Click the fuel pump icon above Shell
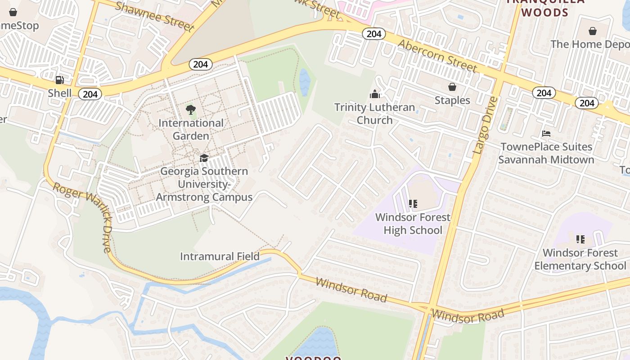tap(59, 80)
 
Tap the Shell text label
tap(60, 93)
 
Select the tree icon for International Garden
tap(191, 109)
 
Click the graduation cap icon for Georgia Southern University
tap(204, 158)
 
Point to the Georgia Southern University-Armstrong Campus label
tap(204, 184)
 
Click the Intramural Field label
tap(220, 256)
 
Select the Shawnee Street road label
tap(154, 16)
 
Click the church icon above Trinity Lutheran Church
tap(374, 94)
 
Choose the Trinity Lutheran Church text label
tap(374, 114)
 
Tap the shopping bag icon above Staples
tap(452, 87)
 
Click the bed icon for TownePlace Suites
tap(546, 134)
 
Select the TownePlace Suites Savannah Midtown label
tap(546, 153)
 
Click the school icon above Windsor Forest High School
tap(413, 204)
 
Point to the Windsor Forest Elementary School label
tap(580, 259)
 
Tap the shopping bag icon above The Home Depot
tap(593, 31)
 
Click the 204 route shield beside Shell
tap(90, 94)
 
